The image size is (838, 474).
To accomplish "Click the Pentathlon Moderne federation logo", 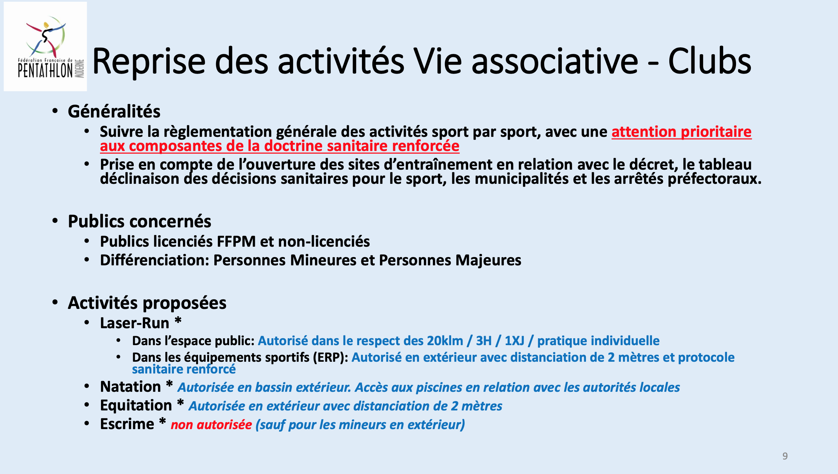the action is click(x=45, y=47).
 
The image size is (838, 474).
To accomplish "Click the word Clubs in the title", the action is click(x=710, y=61).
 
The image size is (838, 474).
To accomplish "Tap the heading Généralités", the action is click(x=114, y=112).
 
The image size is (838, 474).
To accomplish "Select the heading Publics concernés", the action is click(x=139, y=221).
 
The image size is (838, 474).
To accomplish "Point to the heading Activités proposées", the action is click(x=147, y=303).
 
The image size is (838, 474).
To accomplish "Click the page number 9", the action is click(x=785, y=456).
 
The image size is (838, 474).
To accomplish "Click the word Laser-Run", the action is click(x=134, y=323).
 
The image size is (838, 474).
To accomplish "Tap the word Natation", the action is click(x=130, y=387).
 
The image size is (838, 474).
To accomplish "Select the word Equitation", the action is click(x=136, y=406).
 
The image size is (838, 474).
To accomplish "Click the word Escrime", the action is click(x=127, y=424).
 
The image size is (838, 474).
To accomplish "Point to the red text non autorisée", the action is click(x=211, y=425).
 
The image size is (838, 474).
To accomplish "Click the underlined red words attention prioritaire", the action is click(x=681, y=132).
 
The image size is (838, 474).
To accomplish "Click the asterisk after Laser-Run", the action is click(x=178, y=321).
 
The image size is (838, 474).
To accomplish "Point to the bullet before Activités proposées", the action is click(x=55, y=302).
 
